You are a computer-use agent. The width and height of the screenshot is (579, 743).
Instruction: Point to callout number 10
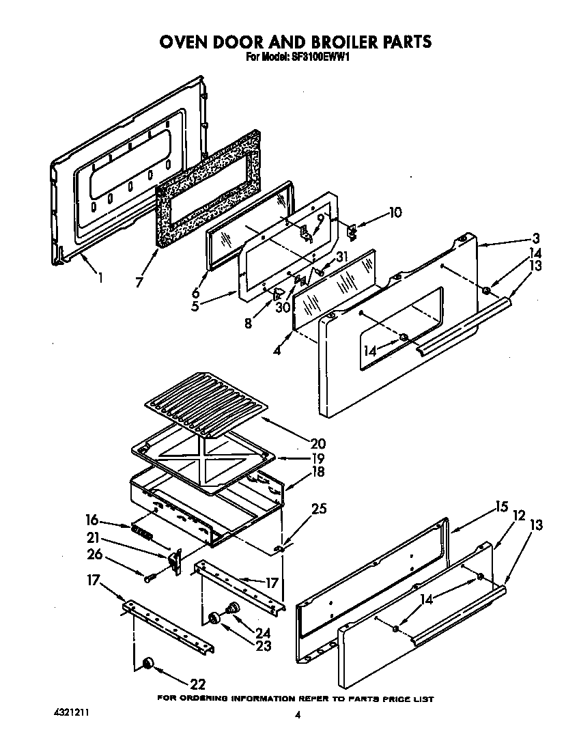click(x=395, y=212)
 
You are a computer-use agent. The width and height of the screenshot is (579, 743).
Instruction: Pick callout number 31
click(x=342, y=257)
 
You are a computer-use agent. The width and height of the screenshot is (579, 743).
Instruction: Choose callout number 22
click(x=198, y=684)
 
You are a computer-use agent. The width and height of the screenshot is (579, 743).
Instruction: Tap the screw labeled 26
click(x=150, y=578)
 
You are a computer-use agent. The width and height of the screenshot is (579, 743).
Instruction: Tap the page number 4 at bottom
click(x=298, y=715)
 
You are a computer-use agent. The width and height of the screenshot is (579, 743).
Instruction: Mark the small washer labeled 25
click(x=279, y=548)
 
